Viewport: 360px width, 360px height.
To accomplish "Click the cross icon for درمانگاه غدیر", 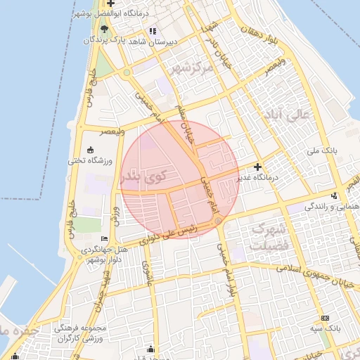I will point(258,167).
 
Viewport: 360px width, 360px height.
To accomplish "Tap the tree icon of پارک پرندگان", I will point(105,29).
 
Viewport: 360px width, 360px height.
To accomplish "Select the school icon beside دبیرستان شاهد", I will point(153,31).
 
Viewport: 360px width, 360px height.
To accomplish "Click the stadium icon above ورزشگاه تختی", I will point(90,150).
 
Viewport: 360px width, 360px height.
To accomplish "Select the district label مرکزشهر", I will point(191,68).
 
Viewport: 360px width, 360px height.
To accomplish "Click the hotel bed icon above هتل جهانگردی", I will point(105,239).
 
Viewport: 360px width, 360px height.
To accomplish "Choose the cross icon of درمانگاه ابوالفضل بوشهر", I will point(110,4).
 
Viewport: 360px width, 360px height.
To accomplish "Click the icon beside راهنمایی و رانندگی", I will point(333,195).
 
